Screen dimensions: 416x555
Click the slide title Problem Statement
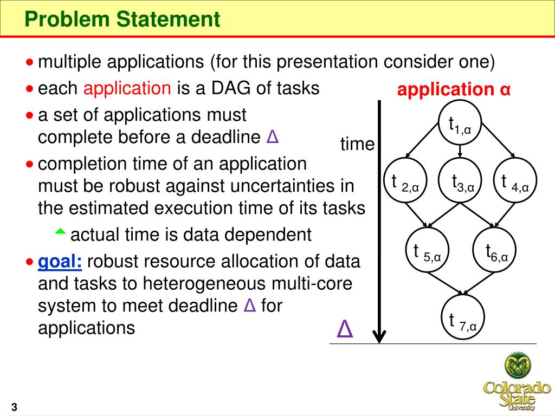[123, 19]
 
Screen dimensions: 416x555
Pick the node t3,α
[460, 182]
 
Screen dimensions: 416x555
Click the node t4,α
[515, 182]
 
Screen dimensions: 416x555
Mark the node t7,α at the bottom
[462, 320]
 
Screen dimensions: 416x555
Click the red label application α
[454, 90]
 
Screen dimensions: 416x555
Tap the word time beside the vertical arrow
[357, 144]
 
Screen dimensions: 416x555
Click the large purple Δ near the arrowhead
[345, 329]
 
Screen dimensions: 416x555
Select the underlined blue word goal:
[60, 262]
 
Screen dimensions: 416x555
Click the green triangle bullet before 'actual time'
[60, 232]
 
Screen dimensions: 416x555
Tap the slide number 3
[14, 407]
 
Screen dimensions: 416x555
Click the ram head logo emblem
[518, 366]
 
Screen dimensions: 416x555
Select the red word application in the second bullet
[127, 88]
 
